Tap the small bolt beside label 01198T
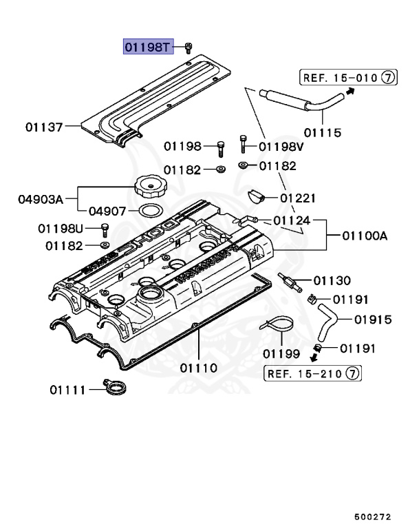(188, 47)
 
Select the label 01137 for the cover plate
(44, 127)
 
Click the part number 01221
(299, 198)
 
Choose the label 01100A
(365, 236)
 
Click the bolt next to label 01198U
(105, 229)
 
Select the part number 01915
(373, 320)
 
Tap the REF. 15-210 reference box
(313, 374)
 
